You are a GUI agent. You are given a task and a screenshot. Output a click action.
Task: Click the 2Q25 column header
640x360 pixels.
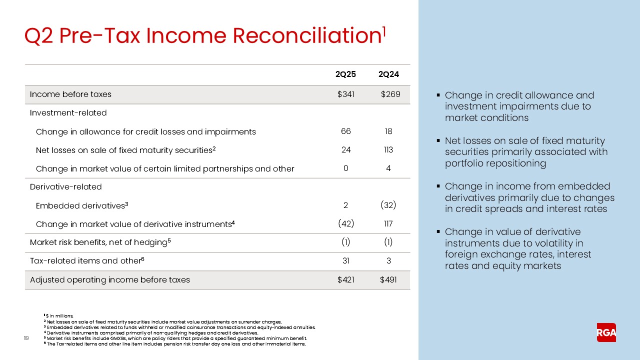[345, 75]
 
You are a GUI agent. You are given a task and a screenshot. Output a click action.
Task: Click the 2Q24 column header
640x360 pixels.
[388, 75]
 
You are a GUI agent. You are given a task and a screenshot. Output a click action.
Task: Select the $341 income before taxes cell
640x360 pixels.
[345, 94]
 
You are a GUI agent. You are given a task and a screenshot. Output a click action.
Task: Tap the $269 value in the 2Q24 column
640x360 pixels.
[389, 94]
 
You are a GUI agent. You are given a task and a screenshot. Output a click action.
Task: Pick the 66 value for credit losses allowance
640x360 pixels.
[345, 131]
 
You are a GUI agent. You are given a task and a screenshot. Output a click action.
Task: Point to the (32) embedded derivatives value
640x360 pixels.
[388, 205]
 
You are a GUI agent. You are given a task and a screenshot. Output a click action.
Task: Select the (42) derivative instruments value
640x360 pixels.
[345, 224]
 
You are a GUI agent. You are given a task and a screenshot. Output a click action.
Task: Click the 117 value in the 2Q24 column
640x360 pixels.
[388, 224]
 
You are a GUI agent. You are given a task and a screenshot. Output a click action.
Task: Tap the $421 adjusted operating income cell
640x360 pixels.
[345, 279]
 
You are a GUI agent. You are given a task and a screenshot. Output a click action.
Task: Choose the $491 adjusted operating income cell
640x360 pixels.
[388, 279]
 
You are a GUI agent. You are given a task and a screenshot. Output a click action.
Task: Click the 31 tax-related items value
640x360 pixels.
[345, 261]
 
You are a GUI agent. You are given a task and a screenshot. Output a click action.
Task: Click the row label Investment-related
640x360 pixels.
[68, 113]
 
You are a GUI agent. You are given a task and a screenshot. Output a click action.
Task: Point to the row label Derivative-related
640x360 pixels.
[65, 187]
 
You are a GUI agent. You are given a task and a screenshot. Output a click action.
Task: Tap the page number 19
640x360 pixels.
[27, 338]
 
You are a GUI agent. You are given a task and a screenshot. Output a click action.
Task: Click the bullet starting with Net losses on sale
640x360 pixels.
[526, 152]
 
